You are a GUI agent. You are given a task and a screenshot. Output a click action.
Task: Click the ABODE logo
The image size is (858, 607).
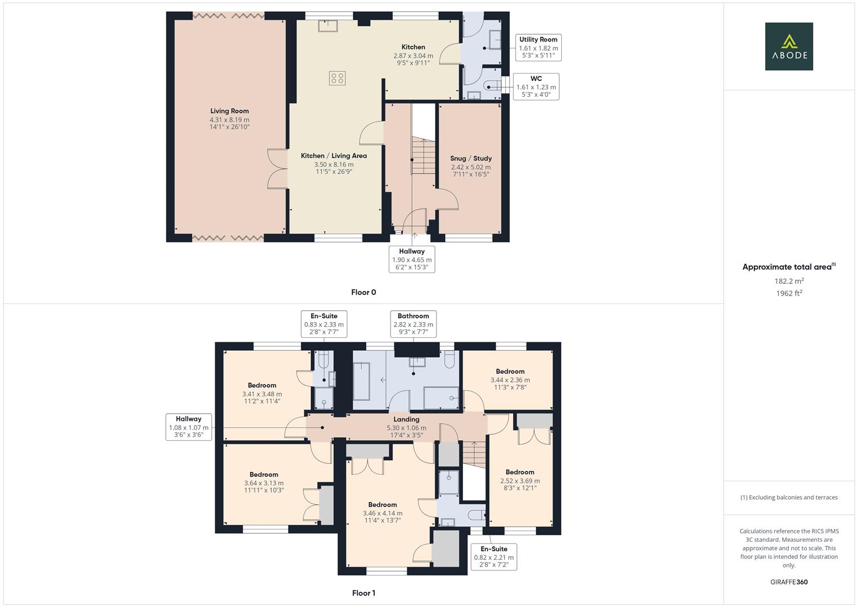[x=788, y=46]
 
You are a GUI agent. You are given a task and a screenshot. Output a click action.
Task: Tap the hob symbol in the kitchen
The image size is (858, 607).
[x=337, y=78]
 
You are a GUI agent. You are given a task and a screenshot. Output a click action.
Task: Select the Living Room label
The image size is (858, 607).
[x=229, y=111]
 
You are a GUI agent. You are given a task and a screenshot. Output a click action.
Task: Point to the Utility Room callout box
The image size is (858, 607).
[x=538, y=48]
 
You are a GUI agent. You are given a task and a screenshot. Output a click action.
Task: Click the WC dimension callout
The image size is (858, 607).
[x=535, y=87]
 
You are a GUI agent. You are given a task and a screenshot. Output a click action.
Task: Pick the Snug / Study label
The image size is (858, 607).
[x=470, y=158]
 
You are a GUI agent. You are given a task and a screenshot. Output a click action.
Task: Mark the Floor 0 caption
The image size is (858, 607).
[x=364, y=292]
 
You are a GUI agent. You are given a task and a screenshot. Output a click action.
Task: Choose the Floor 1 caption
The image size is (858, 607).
[x=364, y=593]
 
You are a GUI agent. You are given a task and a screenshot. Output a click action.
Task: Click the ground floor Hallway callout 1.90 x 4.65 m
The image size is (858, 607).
[x=412, y=259]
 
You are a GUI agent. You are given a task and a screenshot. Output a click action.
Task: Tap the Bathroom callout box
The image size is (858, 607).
[x=413, y=324]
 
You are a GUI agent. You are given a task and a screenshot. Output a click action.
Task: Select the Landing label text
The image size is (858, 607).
[x=406, y=419]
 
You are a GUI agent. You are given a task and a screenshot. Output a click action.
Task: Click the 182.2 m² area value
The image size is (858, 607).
[x=788, y=281]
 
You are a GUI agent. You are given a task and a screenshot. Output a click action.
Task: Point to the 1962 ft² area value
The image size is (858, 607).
[x=788, y=293]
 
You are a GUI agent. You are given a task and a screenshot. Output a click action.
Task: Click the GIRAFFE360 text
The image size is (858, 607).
[x=788, y=582]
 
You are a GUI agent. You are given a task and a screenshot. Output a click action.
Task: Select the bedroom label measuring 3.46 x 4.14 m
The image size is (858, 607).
[x=382, y=505]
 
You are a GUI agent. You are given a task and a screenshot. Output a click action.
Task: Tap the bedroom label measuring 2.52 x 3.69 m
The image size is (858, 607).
[x=520, y=472]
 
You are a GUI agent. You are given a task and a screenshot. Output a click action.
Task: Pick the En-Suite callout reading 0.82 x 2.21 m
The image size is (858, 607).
[x=493, y=556]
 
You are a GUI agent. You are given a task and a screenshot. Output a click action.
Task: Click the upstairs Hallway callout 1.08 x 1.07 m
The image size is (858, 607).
[x=188, y=427]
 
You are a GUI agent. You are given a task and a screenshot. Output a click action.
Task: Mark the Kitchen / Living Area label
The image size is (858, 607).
[x=334, y=156]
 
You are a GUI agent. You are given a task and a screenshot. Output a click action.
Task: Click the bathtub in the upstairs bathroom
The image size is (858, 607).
[x=361, y=381]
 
